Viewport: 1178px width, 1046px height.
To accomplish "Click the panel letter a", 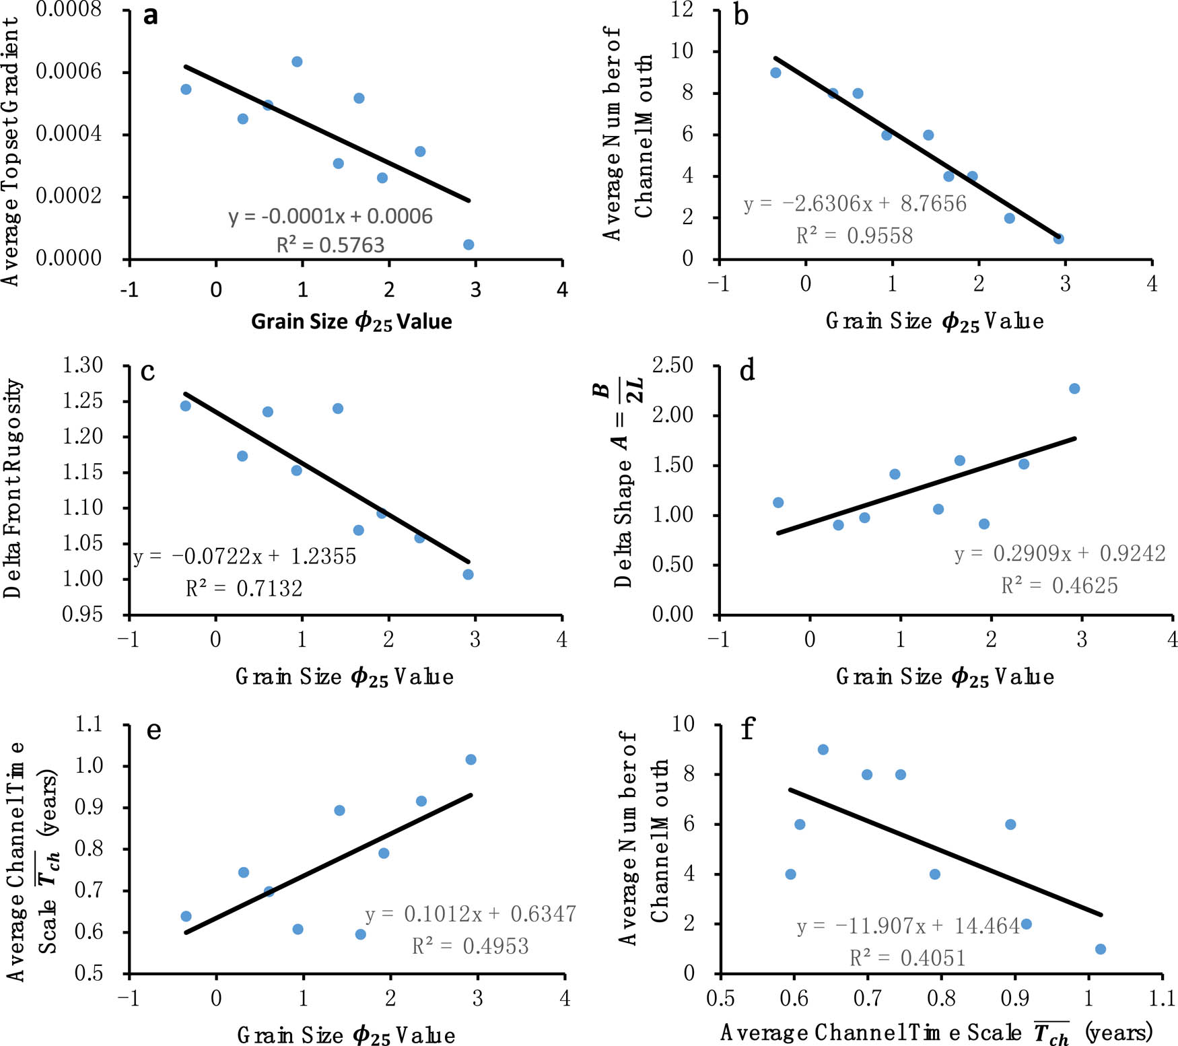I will [x=151, y=15].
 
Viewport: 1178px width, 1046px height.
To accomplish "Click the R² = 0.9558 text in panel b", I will [x=854, y=236].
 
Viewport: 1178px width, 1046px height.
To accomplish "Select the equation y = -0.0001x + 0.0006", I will [x=330, y=216].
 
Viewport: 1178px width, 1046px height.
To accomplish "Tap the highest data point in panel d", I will [x=1074, y=388].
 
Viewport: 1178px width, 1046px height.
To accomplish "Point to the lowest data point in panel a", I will [x=469, y=244].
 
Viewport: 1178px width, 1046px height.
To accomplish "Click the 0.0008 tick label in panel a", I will [x=69, y=9].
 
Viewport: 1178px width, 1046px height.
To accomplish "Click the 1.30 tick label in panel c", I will [x=83, y=365].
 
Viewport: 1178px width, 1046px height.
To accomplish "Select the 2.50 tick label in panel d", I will [x=672, y=365].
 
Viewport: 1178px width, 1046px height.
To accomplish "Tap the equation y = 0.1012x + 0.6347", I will [x=470, y=914].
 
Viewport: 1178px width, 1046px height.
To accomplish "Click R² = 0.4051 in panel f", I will [x=907, y=958].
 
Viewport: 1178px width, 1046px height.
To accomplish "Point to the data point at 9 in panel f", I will [x=823, y=749].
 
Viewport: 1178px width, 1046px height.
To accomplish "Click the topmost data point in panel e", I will [x=471, y=759].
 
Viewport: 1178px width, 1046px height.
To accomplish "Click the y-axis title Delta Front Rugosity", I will [x=13, y=488].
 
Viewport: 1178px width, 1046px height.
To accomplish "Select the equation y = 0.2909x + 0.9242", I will [x=1060, y=553].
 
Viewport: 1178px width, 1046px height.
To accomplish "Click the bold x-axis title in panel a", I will [x=351, y=322].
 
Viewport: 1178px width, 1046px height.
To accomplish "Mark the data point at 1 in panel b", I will [x=1058, y=238].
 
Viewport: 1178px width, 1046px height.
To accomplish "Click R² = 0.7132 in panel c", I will [x=244, y=589].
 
